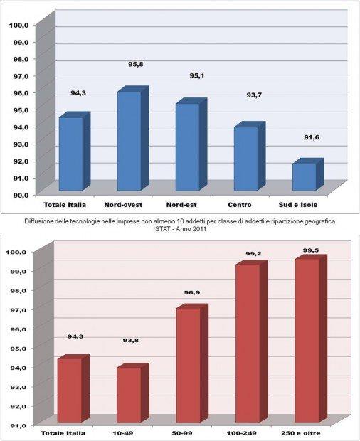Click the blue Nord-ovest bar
pos(133,139)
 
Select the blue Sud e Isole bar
pos(308,174)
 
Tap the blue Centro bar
pos(250,156)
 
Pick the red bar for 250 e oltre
pos(311,339)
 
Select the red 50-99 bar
pos(192,363)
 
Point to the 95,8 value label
pos(136,65)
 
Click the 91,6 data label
pos(312,137)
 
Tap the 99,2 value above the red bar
pos(253,253)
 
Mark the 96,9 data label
pos(192,293)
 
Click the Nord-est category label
pos(181,205)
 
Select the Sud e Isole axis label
pos(298,205)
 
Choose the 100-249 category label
pos(242,433)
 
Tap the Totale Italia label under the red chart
pos(63,433)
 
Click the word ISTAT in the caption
pos(162,229)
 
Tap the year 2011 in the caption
pos(199,229)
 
